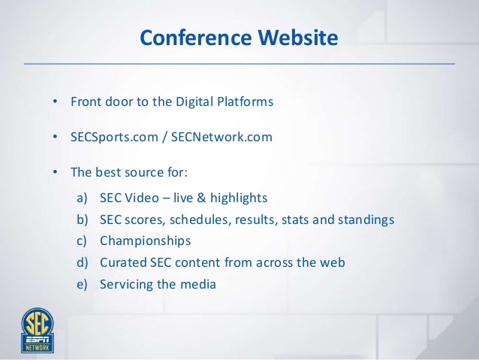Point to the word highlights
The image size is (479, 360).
click(x=239, y=198)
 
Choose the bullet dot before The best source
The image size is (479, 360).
click(x=55, y=173)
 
